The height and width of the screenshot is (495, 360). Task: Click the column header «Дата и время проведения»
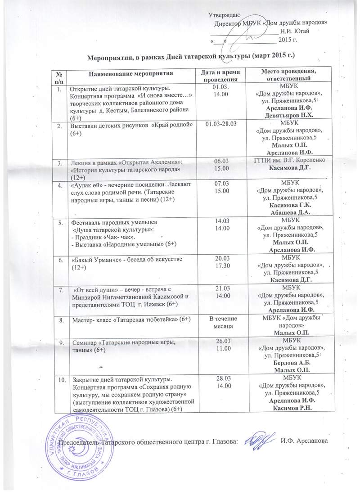coord(220,75)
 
